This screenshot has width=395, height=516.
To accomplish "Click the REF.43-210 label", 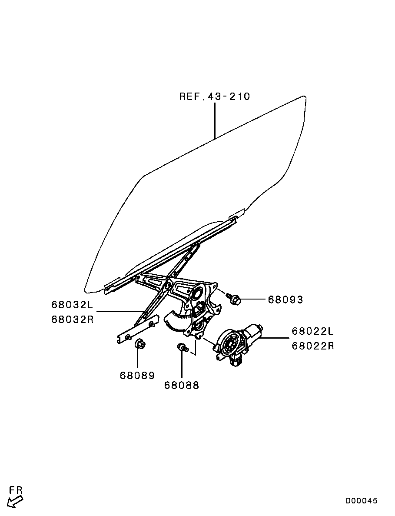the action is point(214,97).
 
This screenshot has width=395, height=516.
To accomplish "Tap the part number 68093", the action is point(285,300).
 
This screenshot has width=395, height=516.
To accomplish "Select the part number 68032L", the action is point(73,304).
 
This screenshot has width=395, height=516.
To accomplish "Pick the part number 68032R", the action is point(73,319).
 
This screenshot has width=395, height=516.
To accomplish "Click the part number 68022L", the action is point(313,331).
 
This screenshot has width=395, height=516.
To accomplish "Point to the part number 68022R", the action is point(313,346).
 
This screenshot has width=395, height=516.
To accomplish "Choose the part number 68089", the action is point(137,376).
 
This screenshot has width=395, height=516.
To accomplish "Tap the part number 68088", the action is point(182,385).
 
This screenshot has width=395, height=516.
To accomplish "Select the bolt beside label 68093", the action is point(234,298).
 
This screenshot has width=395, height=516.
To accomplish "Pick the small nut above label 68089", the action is point(140,343).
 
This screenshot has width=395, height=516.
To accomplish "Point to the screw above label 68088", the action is point(182,347).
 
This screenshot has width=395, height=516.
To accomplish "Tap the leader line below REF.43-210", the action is point(215,120).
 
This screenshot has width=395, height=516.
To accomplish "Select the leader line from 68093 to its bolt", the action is point(253,300).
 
